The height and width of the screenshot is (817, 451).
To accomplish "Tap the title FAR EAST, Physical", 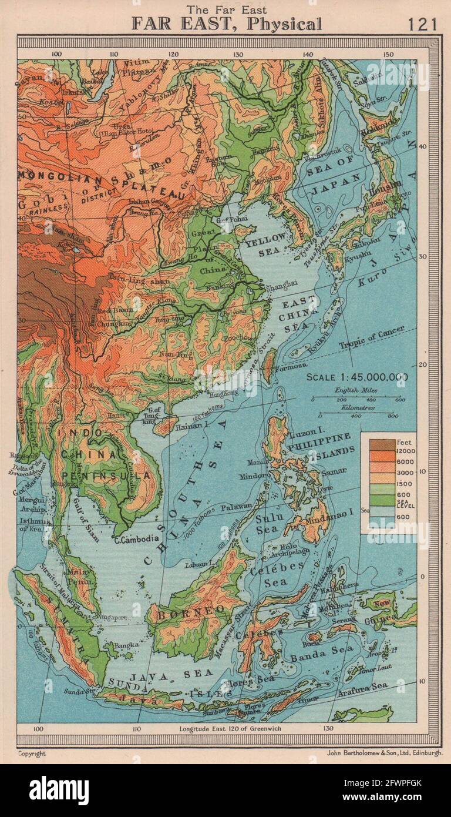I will pyautogui.click(x=226, y=24).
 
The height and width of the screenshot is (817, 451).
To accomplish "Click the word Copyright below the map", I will pyautogui.click(x=31, y=753).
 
